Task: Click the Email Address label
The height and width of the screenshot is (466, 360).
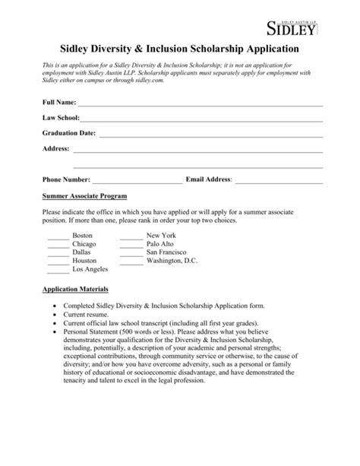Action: (209, 179)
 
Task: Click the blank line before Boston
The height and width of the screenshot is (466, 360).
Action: (57, 239)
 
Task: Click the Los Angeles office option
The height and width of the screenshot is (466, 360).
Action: (90, 269)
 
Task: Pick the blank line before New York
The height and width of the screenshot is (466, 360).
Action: (131, 239)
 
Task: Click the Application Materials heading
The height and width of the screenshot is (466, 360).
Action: (75, 290)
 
